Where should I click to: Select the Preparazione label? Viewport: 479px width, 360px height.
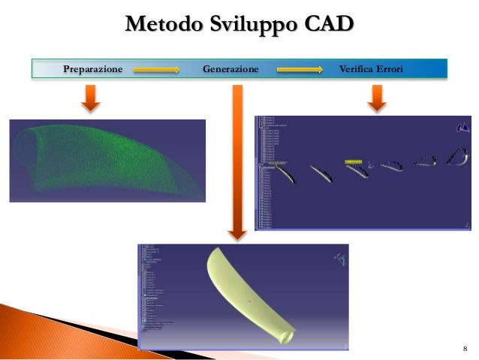92,69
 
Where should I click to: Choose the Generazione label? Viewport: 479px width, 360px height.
230,69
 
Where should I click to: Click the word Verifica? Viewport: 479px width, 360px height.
357,69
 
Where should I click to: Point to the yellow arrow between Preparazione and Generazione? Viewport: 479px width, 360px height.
157,70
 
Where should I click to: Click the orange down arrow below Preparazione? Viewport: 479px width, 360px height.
92,98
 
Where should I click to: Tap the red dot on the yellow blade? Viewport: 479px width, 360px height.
250,298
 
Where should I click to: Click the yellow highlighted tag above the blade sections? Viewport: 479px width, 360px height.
354,162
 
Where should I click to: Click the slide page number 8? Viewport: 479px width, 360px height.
465,349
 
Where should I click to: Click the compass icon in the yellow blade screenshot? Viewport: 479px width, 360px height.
340,260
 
